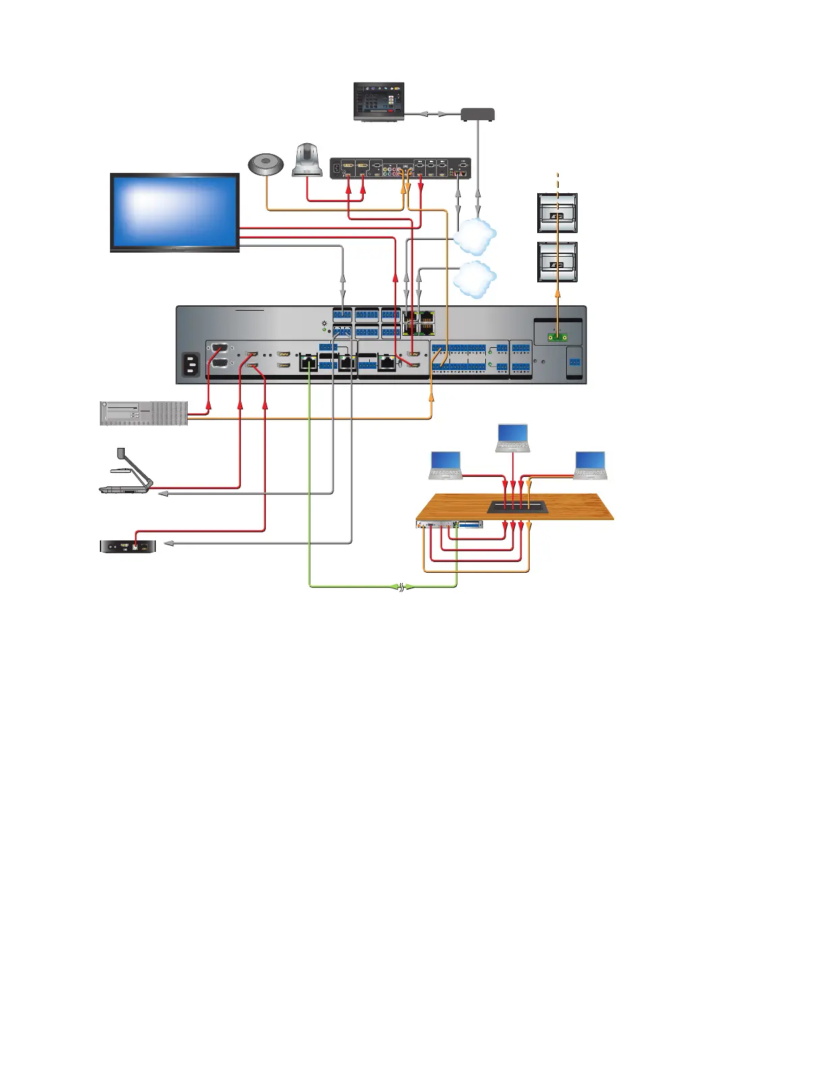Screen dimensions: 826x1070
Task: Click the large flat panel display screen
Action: (x=175, y=211)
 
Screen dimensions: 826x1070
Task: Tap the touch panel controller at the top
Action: (x=379, y=101)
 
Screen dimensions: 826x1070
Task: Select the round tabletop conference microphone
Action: (x=267, y=165)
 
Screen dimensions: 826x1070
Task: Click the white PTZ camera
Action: (x=307, y=161)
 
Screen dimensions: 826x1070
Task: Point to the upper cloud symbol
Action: (x=475, y=236)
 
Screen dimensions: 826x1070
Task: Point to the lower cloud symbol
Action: (x=475, y=280)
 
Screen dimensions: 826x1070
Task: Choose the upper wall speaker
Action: (x=557, y=213)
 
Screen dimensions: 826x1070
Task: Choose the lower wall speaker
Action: (x=557, y=262)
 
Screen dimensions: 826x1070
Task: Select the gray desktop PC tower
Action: (x=144, y=413)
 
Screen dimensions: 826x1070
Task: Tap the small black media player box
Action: (x=128, y=545)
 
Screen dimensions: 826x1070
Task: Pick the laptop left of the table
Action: (x=446, y=465)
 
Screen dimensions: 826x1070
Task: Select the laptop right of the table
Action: (x=590, y=465)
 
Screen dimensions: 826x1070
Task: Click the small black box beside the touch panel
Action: (x=478, y=114)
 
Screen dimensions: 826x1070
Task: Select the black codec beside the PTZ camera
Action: (x=400, y=168)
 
